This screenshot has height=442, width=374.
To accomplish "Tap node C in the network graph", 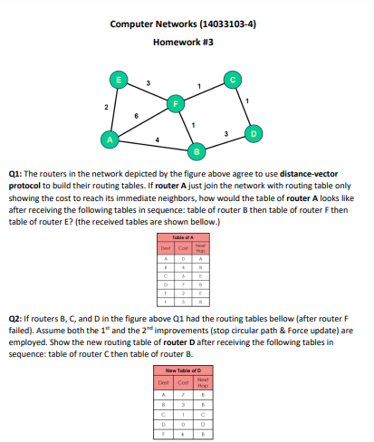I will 234,79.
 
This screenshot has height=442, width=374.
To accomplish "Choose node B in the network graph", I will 195,148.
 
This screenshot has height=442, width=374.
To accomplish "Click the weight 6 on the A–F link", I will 136,115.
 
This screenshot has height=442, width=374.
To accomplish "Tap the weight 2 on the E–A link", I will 105,108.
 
